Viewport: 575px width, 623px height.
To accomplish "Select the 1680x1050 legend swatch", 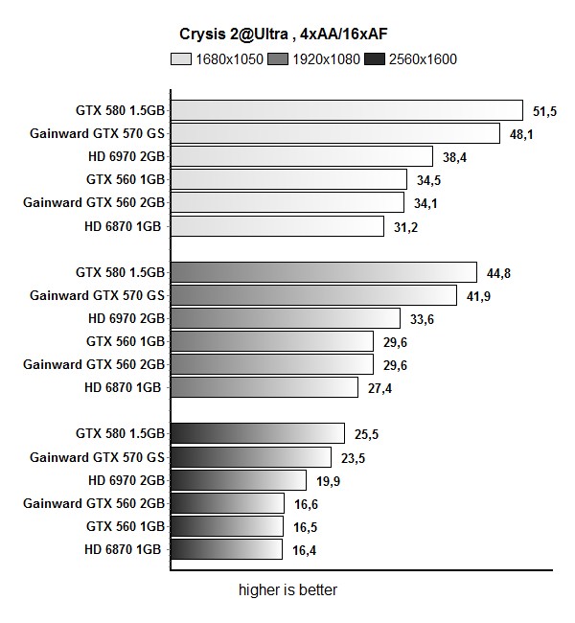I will point(180,59).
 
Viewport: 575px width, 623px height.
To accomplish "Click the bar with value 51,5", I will point(347,110).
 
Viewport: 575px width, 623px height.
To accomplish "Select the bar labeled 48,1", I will point(335,133).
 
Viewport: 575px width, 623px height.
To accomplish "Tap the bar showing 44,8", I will point(324,272).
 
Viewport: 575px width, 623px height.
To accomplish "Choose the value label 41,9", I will point(479,295).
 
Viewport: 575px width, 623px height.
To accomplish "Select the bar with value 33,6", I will point(286,318).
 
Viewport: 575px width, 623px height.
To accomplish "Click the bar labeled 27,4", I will point(264,387).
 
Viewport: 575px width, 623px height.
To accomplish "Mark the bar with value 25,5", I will point(258,433).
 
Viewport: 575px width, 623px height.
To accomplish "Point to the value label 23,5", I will point(354,457).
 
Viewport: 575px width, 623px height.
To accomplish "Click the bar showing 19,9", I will point(239,480).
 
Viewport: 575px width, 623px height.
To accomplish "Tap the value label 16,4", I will point(305,550).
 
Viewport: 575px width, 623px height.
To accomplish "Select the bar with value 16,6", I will point(227,503).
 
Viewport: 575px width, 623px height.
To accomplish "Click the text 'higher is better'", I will point(287,590).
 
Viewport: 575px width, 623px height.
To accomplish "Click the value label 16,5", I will point(306,527).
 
